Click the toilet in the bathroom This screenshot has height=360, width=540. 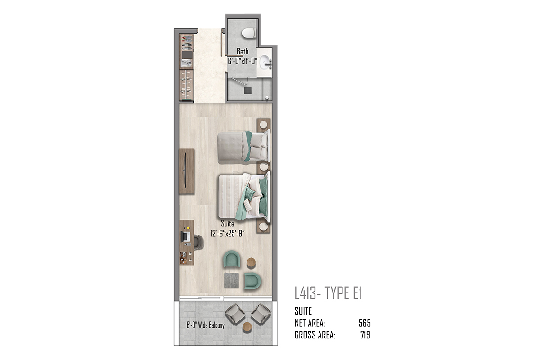click(248, 33)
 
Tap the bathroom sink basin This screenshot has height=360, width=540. click(265, 59)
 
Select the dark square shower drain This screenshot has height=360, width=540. click(248, 90)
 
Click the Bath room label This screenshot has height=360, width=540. click(243, 51)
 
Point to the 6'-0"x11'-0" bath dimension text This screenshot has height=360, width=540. click(243, 61)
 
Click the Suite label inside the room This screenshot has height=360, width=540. click(228, 224)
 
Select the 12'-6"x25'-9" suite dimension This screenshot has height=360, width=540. click(228, 234)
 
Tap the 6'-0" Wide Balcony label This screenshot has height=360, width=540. click(205, 325)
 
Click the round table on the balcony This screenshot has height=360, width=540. click(247, 327)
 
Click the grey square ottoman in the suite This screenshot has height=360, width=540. click(231, 280)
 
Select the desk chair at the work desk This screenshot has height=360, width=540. click(199, 243)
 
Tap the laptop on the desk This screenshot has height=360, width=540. click(185, 237)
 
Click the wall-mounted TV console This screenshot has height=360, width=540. click(187, 171)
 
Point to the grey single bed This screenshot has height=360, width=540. click(243, 146)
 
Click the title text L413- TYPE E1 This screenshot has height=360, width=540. click(328, 293)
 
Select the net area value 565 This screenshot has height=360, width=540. click(364, 323)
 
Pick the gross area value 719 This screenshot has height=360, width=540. click(365, 335)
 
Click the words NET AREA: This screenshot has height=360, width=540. click(310, 323)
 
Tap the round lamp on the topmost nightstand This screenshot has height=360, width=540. click(264, 124)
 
